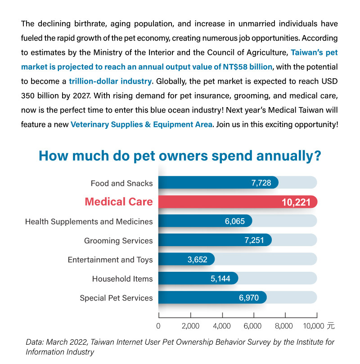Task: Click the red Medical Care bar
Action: pos(238,202)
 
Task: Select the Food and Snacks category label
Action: pos(121,184)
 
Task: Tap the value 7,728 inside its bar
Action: pos(261,183)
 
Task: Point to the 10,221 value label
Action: pos(296,202)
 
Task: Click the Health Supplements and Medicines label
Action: pos(89,222)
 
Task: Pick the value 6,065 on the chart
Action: pos(234,221)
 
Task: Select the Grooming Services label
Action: pos(118,241)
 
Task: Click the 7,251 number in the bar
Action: pos(254,240)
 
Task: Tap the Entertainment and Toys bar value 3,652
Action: pos(197,260)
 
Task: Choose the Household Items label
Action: pos(122,279)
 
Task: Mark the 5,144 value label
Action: pos(220,279)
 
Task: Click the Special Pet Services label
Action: pos(116,298)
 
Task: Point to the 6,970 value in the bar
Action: pos(249,297)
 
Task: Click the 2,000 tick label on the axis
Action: pos(190,326)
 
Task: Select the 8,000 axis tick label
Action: pos(283,326)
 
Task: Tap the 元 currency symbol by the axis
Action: pos(331,326)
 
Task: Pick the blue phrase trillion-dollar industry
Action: pos(110,81)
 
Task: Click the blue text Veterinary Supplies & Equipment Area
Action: pos(141,125)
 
